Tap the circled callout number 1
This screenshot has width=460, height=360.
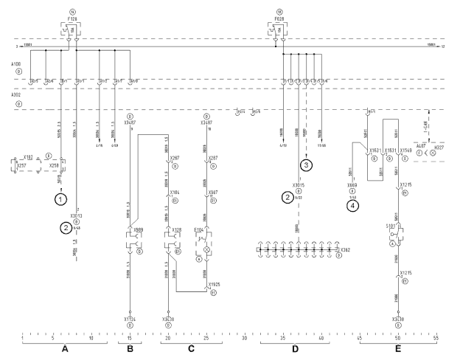[62, 198]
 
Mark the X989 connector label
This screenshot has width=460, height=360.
[139, 229]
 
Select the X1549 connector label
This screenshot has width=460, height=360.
[405, 150]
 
